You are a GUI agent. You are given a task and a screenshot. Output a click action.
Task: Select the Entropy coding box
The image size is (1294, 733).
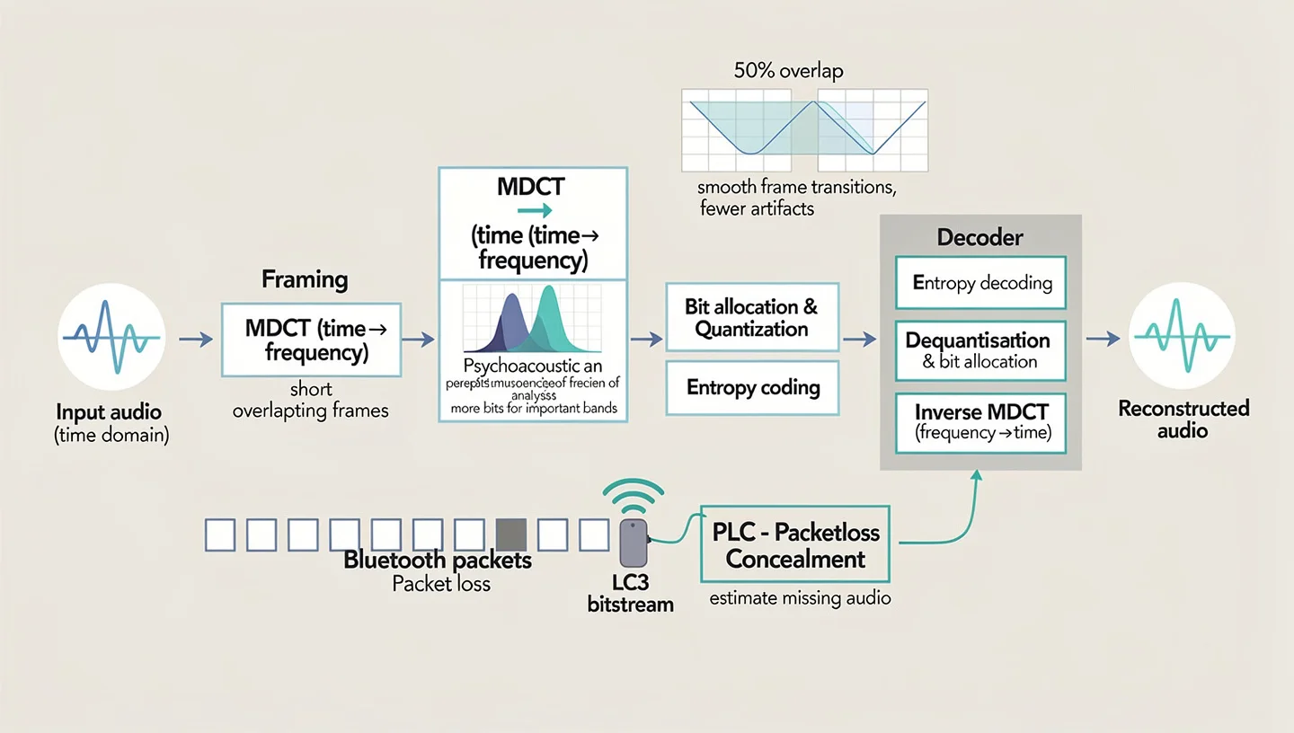[752, 388]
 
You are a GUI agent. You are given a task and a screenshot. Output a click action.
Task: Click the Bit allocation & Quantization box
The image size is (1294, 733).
[751, 317]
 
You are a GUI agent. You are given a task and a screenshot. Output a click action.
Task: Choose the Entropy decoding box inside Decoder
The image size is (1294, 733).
[980, 284]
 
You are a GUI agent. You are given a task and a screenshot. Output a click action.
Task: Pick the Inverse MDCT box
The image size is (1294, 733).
[980, 422]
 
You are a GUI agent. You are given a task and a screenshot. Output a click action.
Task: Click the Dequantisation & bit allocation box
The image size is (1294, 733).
[980, 350]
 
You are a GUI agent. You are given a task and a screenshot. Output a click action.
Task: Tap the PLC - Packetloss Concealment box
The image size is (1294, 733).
[795, 545]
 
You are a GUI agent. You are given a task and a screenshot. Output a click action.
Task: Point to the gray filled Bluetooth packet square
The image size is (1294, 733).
[510, 535]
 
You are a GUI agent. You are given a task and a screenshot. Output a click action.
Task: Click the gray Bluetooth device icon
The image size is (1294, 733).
[634, 543]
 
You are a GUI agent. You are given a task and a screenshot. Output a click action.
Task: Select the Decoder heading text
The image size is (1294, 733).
[979, 237]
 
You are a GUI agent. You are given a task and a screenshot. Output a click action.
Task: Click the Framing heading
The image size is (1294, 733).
[305, 279]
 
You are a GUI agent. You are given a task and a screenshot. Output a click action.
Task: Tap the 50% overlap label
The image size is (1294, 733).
[788, 71]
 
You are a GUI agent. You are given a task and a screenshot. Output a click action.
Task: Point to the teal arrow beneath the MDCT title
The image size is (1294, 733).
[535, 211]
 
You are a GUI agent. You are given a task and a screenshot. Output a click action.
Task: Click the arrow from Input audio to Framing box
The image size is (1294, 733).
[195, 339]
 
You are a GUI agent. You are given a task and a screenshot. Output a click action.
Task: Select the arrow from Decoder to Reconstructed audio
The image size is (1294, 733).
[1102, 339]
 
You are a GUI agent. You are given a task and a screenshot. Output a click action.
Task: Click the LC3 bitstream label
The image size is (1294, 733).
[630, 594]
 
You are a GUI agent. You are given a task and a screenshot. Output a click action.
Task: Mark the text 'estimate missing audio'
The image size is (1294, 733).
[800, 597]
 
